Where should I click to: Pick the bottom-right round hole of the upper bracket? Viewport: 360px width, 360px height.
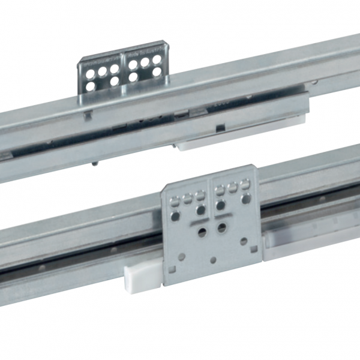tap(157, 72)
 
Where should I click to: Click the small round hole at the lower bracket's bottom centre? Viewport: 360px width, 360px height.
tap(214, 260)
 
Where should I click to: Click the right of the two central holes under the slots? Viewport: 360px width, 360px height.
tap(223, 227)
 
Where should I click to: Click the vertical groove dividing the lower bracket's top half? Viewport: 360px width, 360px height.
tap(210, 195)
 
